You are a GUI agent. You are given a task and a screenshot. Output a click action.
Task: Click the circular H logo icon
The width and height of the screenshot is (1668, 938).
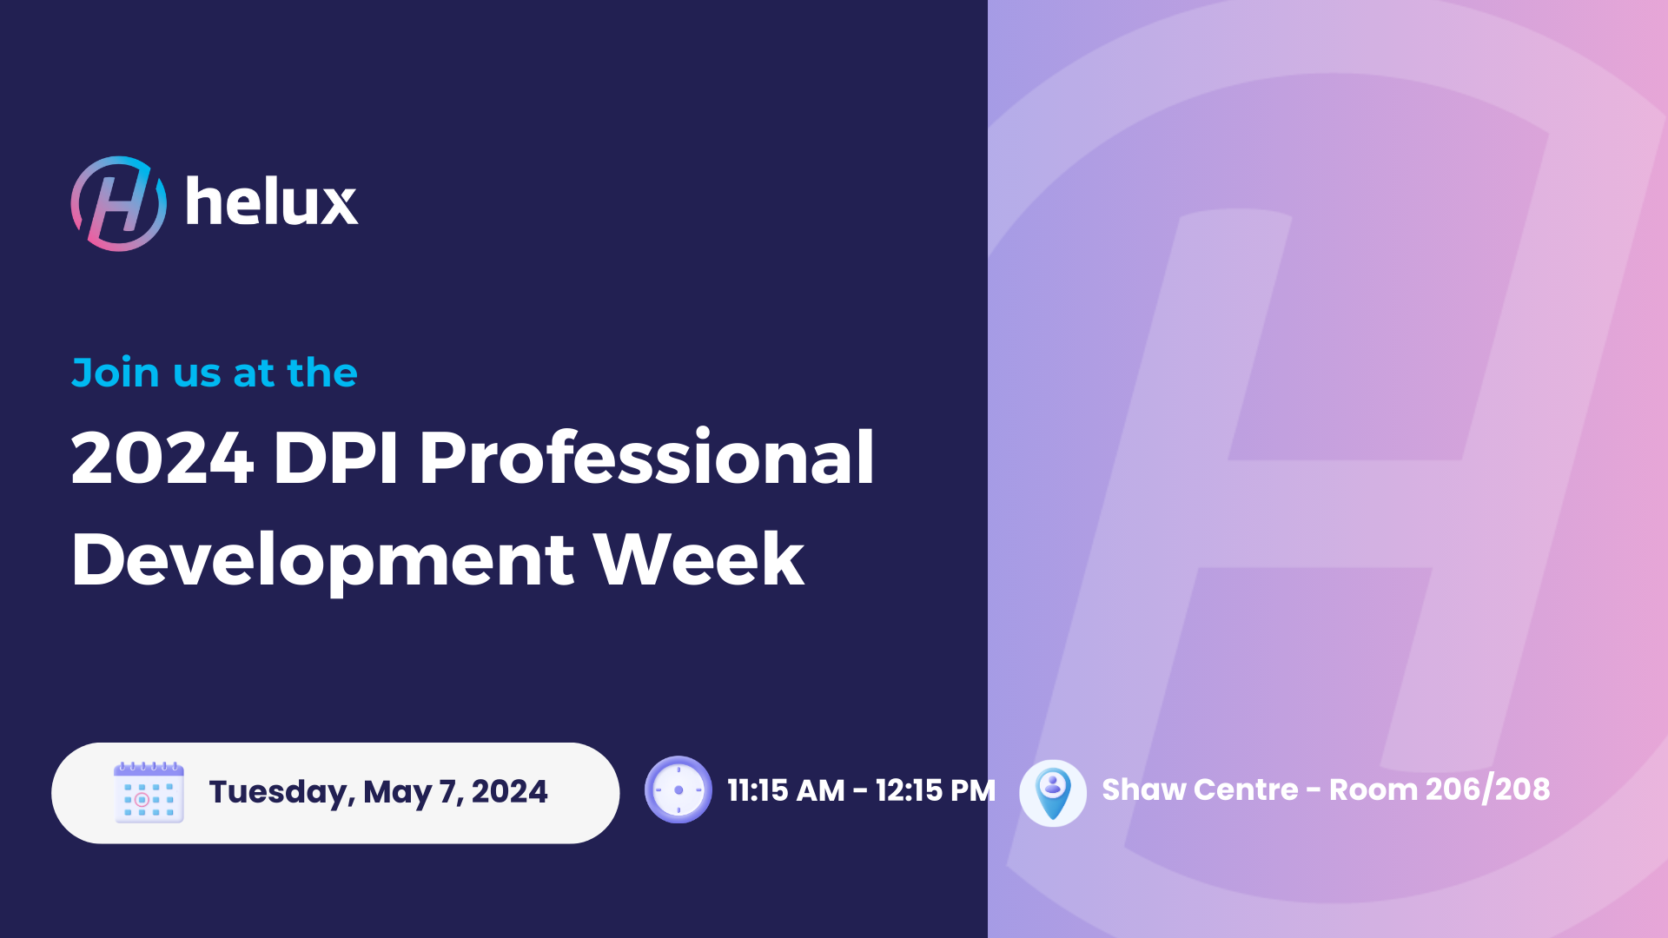point(119,204)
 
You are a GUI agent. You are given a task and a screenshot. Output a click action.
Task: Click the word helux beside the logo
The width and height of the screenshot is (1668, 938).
point(272,201)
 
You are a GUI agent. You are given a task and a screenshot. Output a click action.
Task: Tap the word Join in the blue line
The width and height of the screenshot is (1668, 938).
point(116,373)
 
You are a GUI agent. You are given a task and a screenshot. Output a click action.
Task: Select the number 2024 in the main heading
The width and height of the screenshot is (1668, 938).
point(162,458)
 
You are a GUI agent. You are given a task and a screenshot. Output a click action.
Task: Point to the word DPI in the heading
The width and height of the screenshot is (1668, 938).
point(335,458)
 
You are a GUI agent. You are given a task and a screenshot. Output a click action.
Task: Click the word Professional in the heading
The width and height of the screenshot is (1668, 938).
point(647,457)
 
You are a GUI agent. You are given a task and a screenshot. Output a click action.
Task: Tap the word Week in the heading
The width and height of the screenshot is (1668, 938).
point(699,559)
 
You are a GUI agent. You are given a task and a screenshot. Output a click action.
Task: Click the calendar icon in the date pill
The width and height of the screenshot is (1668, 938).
point(149,792)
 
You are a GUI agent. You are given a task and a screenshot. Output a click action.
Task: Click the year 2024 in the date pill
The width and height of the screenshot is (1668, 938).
point(509,791)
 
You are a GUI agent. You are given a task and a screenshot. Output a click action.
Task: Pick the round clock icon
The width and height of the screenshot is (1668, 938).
point(678,790)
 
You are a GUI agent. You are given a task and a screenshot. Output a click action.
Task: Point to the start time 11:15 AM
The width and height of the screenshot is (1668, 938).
point(786,790)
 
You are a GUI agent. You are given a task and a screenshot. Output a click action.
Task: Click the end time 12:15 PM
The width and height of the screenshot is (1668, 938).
point(936,790)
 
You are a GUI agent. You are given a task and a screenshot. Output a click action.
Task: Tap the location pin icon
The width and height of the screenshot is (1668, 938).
point(1053,792)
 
